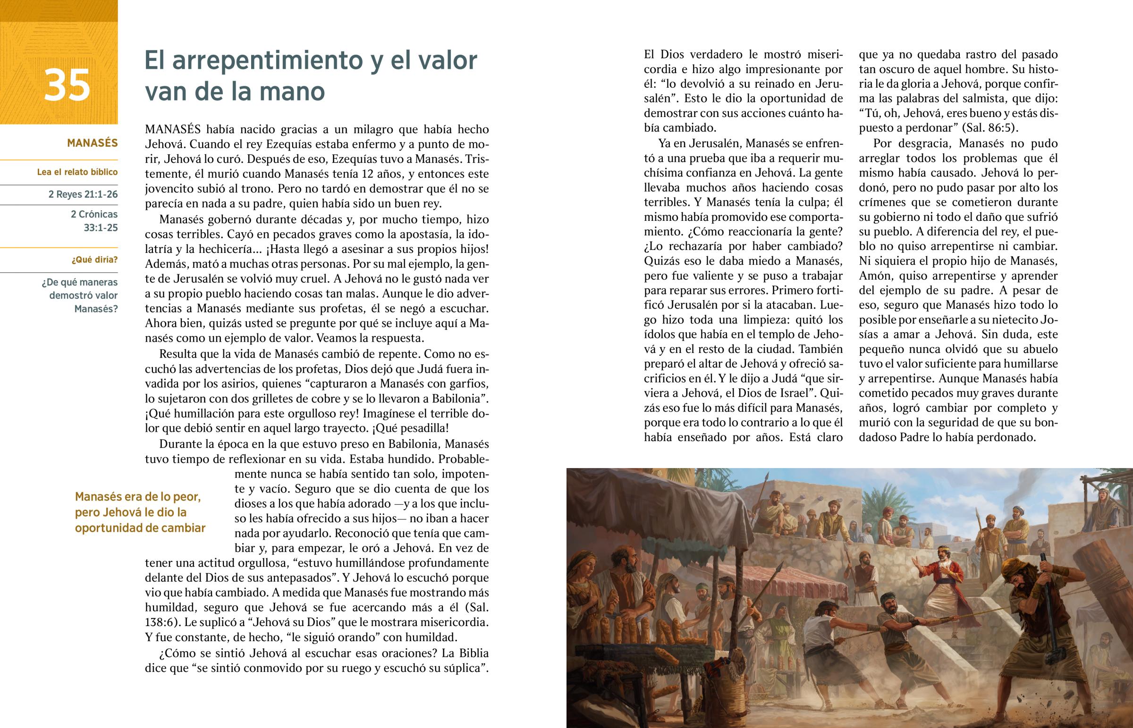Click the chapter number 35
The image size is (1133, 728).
(x=67, y=85)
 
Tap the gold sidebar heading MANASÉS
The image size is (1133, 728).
(x=92, y=143)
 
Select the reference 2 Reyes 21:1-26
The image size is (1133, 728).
(x=83, y=194)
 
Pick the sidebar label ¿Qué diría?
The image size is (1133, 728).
(x=94, y=260)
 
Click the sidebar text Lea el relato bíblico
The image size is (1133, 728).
(x=77, y=172)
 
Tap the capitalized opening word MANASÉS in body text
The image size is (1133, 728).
(x=173, y=129)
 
